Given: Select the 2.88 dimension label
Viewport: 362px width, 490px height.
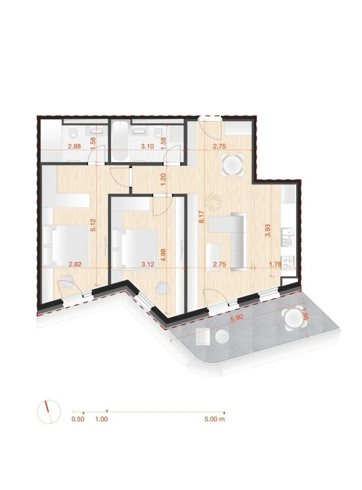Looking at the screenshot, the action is (74, 146).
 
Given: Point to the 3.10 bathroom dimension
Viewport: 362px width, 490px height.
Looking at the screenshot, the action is (147, 146).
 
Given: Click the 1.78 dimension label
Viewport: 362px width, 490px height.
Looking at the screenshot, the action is (275, 264).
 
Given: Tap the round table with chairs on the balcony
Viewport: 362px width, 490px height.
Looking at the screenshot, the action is (293, 319).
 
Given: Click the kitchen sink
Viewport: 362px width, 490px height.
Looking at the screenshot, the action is (287, 236).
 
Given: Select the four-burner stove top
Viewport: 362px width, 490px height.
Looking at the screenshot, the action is (288, 262).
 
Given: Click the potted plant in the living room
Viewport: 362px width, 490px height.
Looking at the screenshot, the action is (215, 201).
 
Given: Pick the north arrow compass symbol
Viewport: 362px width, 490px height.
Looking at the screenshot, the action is (48, 412).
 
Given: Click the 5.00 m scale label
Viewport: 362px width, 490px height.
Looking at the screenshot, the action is (215, 419).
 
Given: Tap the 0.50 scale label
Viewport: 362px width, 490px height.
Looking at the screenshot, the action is (78, 419).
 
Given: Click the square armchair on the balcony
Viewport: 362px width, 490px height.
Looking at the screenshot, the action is (203, 336).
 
